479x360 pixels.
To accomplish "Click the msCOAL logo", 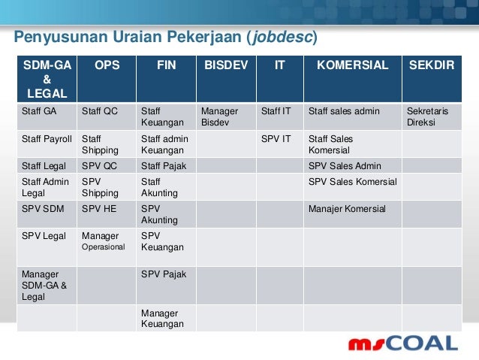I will [402, 343].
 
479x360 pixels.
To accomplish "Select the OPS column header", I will [105, 65].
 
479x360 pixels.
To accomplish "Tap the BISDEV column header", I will [225, 65].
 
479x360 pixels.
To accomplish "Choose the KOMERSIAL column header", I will [352, 65].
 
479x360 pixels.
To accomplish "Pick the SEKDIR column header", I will [431, 65].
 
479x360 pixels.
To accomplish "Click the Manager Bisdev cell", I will [219, 116].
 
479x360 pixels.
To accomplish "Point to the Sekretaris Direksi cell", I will [427, 116].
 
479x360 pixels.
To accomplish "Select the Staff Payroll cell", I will [47, 139].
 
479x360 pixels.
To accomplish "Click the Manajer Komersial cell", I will [347, 209].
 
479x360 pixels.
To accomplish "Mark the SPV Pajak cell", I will [163, 274].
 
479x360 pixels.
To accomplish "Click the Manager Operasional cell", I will [104, 241].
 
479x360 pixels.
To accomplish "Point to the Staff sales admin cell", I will [345, 111].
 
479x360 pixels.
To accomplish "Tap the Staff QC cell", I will [100, 111].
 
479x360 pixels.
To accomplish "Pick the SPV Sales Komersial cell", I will [353, 182].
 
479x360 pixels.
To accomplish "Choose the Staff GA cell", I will [39, 111].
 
